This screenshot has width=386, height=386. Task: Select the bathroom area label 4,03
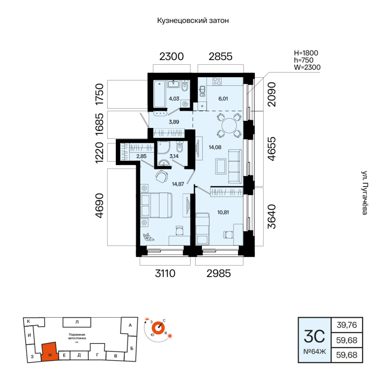174,99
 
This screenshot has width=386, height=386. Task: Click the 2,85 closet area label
142,156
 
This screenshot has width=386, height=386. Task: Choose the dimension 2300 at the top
171,56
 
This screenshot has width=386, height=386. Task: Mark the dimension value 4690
100,206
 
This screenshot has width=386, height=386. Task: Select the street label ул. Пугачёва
365,193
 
